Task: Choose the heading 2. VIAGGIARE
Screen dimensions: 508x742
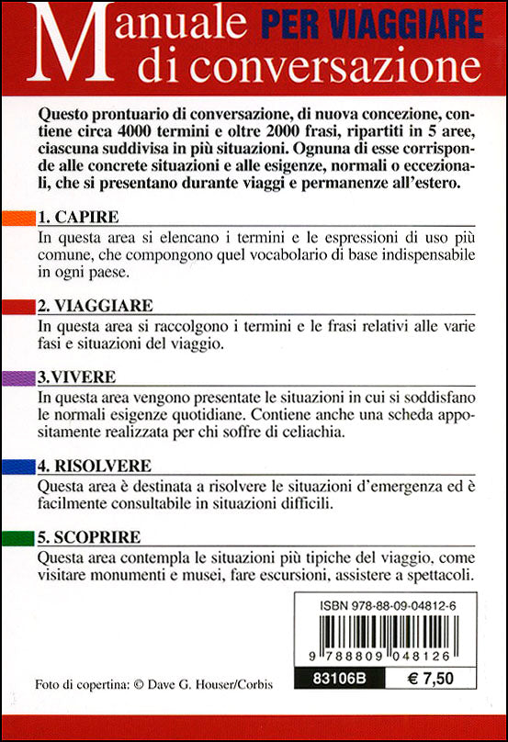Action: tap(96, 305)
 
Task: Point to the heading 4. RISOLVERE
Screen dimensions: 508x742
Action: tap(95, 466)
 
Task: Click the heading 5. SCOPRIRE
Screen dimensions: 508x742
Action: tap(89, 535)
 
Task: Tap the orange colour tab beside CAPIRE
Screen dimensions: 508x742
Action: tap(17, 219)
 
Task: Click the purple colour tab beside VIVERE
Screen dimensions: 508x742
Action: tap(17, 378)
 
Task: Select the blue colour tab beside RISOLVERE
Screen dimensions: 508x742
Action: tap(17, 467)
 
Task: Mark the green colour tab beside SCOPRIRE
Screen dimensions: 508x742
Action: tap(17, 536)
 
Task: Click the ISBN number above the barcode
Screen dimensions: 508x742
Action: tap(387, 607)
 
